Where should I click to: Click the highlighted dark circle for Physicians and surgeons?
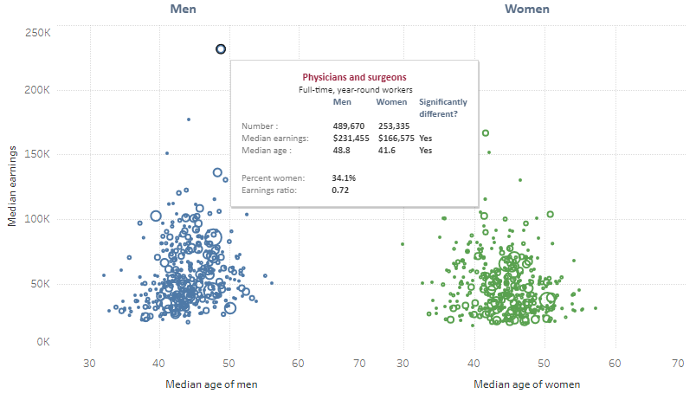coord(221,49)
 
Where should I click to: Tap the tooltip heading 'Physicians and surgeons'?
coord(353,77)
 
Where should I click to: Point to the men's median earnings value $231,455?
coord(351,138)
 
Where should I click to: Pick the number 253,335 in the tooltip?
coord(393,126)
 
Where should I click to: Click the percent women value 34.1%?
coord(345,177)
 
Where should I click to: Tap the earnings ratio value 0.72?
coord(340,190)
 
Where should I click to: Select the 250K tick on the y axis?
coord(37,32)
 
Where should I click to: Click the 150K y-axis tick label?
coord(37,154)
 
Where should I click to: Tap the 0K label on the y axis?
coord(42,342)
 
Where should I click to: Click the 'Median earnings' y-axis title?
coord(13,187)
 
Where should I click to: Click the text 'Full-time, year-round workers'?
coord(355,89)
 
